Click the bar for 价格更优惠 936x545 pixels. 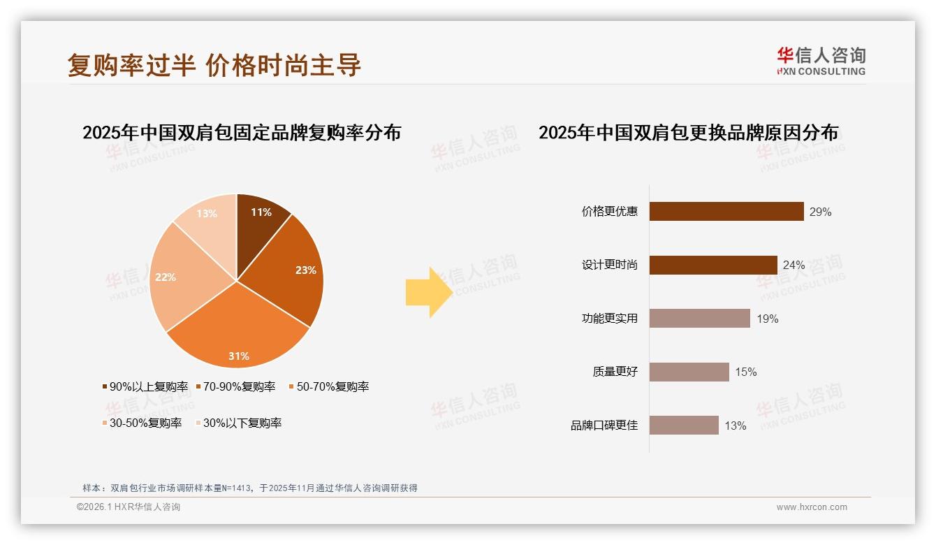point(726,212)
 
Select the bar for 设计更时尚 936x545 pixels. point(713,265)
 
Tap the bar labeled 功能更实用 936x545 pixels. point(699,319)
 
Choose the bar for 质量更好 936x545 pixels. point(689,372)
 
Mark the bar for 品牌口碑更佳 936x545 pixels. point(684,426)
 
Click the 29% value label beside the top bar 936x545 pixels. point(820,212)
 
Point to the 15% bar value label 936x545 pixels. point(745,372)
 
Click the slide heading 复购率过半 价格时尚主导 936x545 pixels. point(214,65)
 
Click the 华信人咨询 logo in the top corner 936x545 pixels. point(821,61)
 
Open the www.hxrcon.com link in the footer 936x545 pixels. point(812,507)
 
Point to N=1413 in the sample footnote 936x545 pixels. point(237,488)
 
